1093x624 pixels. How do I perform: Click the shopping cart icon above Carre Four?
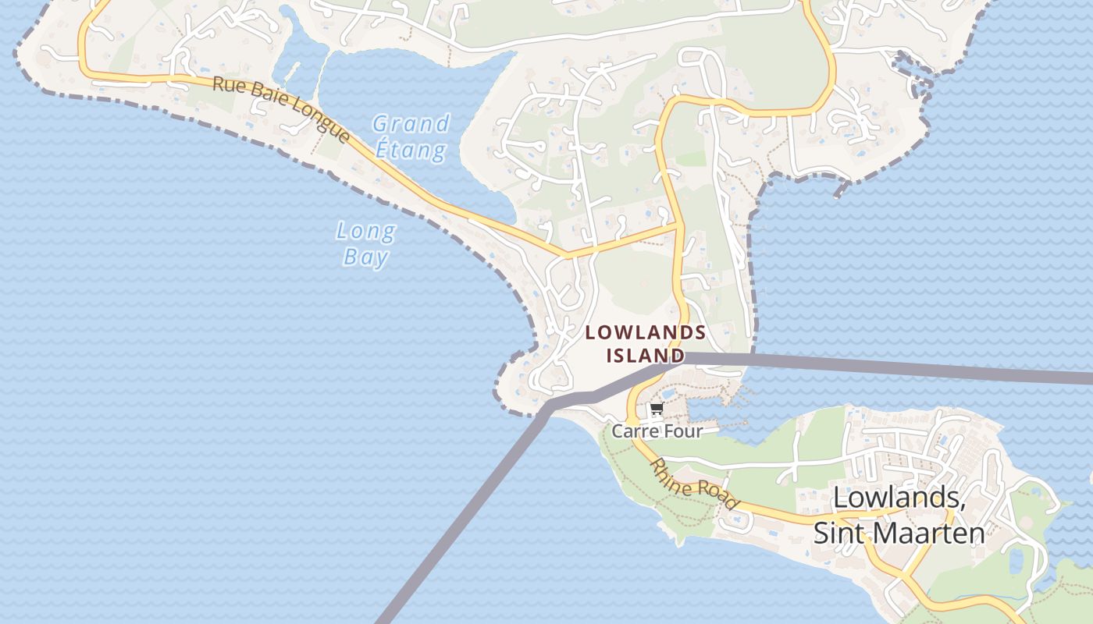(x=657, y=409)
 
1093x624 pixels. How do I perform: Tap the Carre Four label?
(x=657, y=431)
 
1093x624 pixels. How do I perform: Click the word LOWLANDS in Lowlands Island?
(x=646, y=332)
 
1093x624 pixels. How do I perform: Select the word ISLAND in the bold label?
(x=646, y=356)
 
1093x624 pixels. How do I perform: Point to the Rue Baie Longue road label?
(x=281, y=109)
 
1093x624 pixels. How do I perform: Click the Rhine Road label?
(x=694, y=484)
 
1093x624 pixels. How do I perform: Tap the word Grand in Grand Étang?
(x=411, y=124)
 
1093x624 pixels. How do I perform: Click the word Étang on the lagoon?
(x=411, y=150)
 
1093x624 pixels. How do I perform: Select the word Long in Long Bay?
(x=366, y=231)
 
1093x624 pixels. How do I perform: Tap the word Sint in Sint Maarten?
(x=840, y=533)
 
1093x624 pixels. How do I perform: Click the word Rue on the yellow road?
(x=226, y=83)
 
